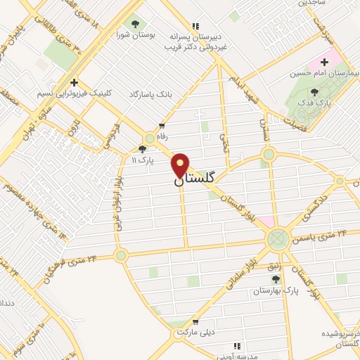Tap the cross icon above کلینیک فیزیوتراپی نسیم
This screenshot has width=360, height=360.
coord(74,83)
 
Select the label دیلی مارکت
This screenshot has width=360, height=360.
coord(195,330)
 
